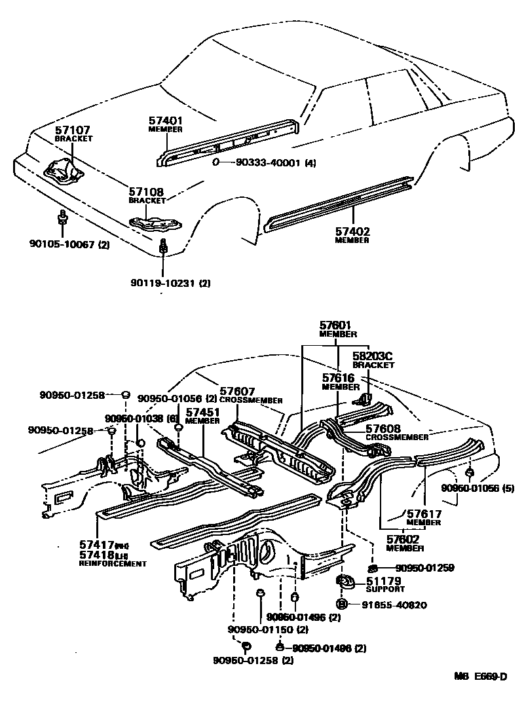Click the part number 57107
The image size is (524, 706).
coord(73,130)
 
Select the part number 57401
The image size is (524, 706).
coord(165,121)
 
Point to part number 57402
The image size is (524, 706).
coord(352,231)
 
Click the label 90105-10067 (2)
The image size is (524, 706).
coord(69,244)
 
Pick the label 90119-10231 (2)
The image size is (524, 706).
coord(170,283)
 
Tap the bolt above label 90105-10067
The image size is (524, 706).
coord(62,221)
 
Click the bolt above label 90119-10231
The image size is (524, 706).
coord(164,248)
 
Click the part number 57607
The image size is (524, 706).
coord(238,390)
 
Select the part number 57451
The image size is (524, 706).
coord(202,412)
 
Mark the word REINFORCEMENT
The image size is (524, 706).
coord(113,563)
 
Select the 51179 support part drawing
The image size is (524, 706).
coord(344,580)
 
